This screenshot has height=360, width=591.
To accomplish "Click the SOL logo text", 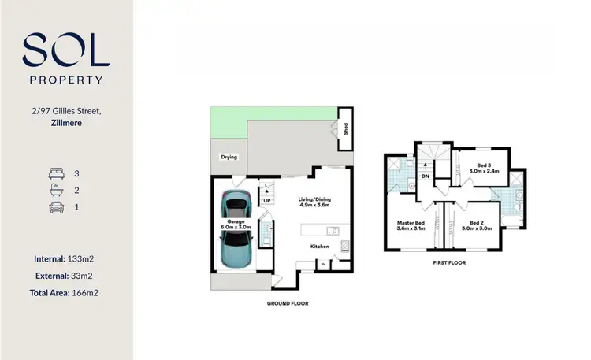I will (x=66, y=51).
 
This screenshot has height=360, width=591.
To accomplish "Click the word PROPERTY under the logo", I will (x=66, y=80).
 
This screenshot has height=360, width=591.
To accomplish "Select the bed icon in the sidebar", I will (x=56, y=173).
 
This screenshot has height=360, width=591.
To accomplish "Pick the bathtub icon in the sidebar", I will (x=56, y=190).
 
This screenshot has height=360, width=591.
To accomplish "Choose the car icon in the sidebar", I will (x=56, y=208).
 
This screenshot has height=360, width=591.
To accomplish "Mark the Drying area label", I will (x=229, y=157).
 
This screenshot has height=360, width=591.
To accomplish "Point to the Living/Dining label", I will (x=314, y=202).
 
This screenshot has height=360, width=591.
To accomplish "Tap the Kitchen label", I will (x=319, y=247).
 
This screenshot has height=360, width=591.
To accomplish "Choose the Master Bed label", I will (x=411, y=225).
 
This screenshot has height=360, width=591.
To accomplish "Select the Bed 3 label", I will (x=480, y=168).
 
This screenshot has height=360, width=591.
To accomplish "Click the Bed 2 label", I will (x=480, y=225).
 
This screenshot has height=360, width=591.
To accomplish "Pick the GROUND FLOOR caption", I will (x=288, y=303).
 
